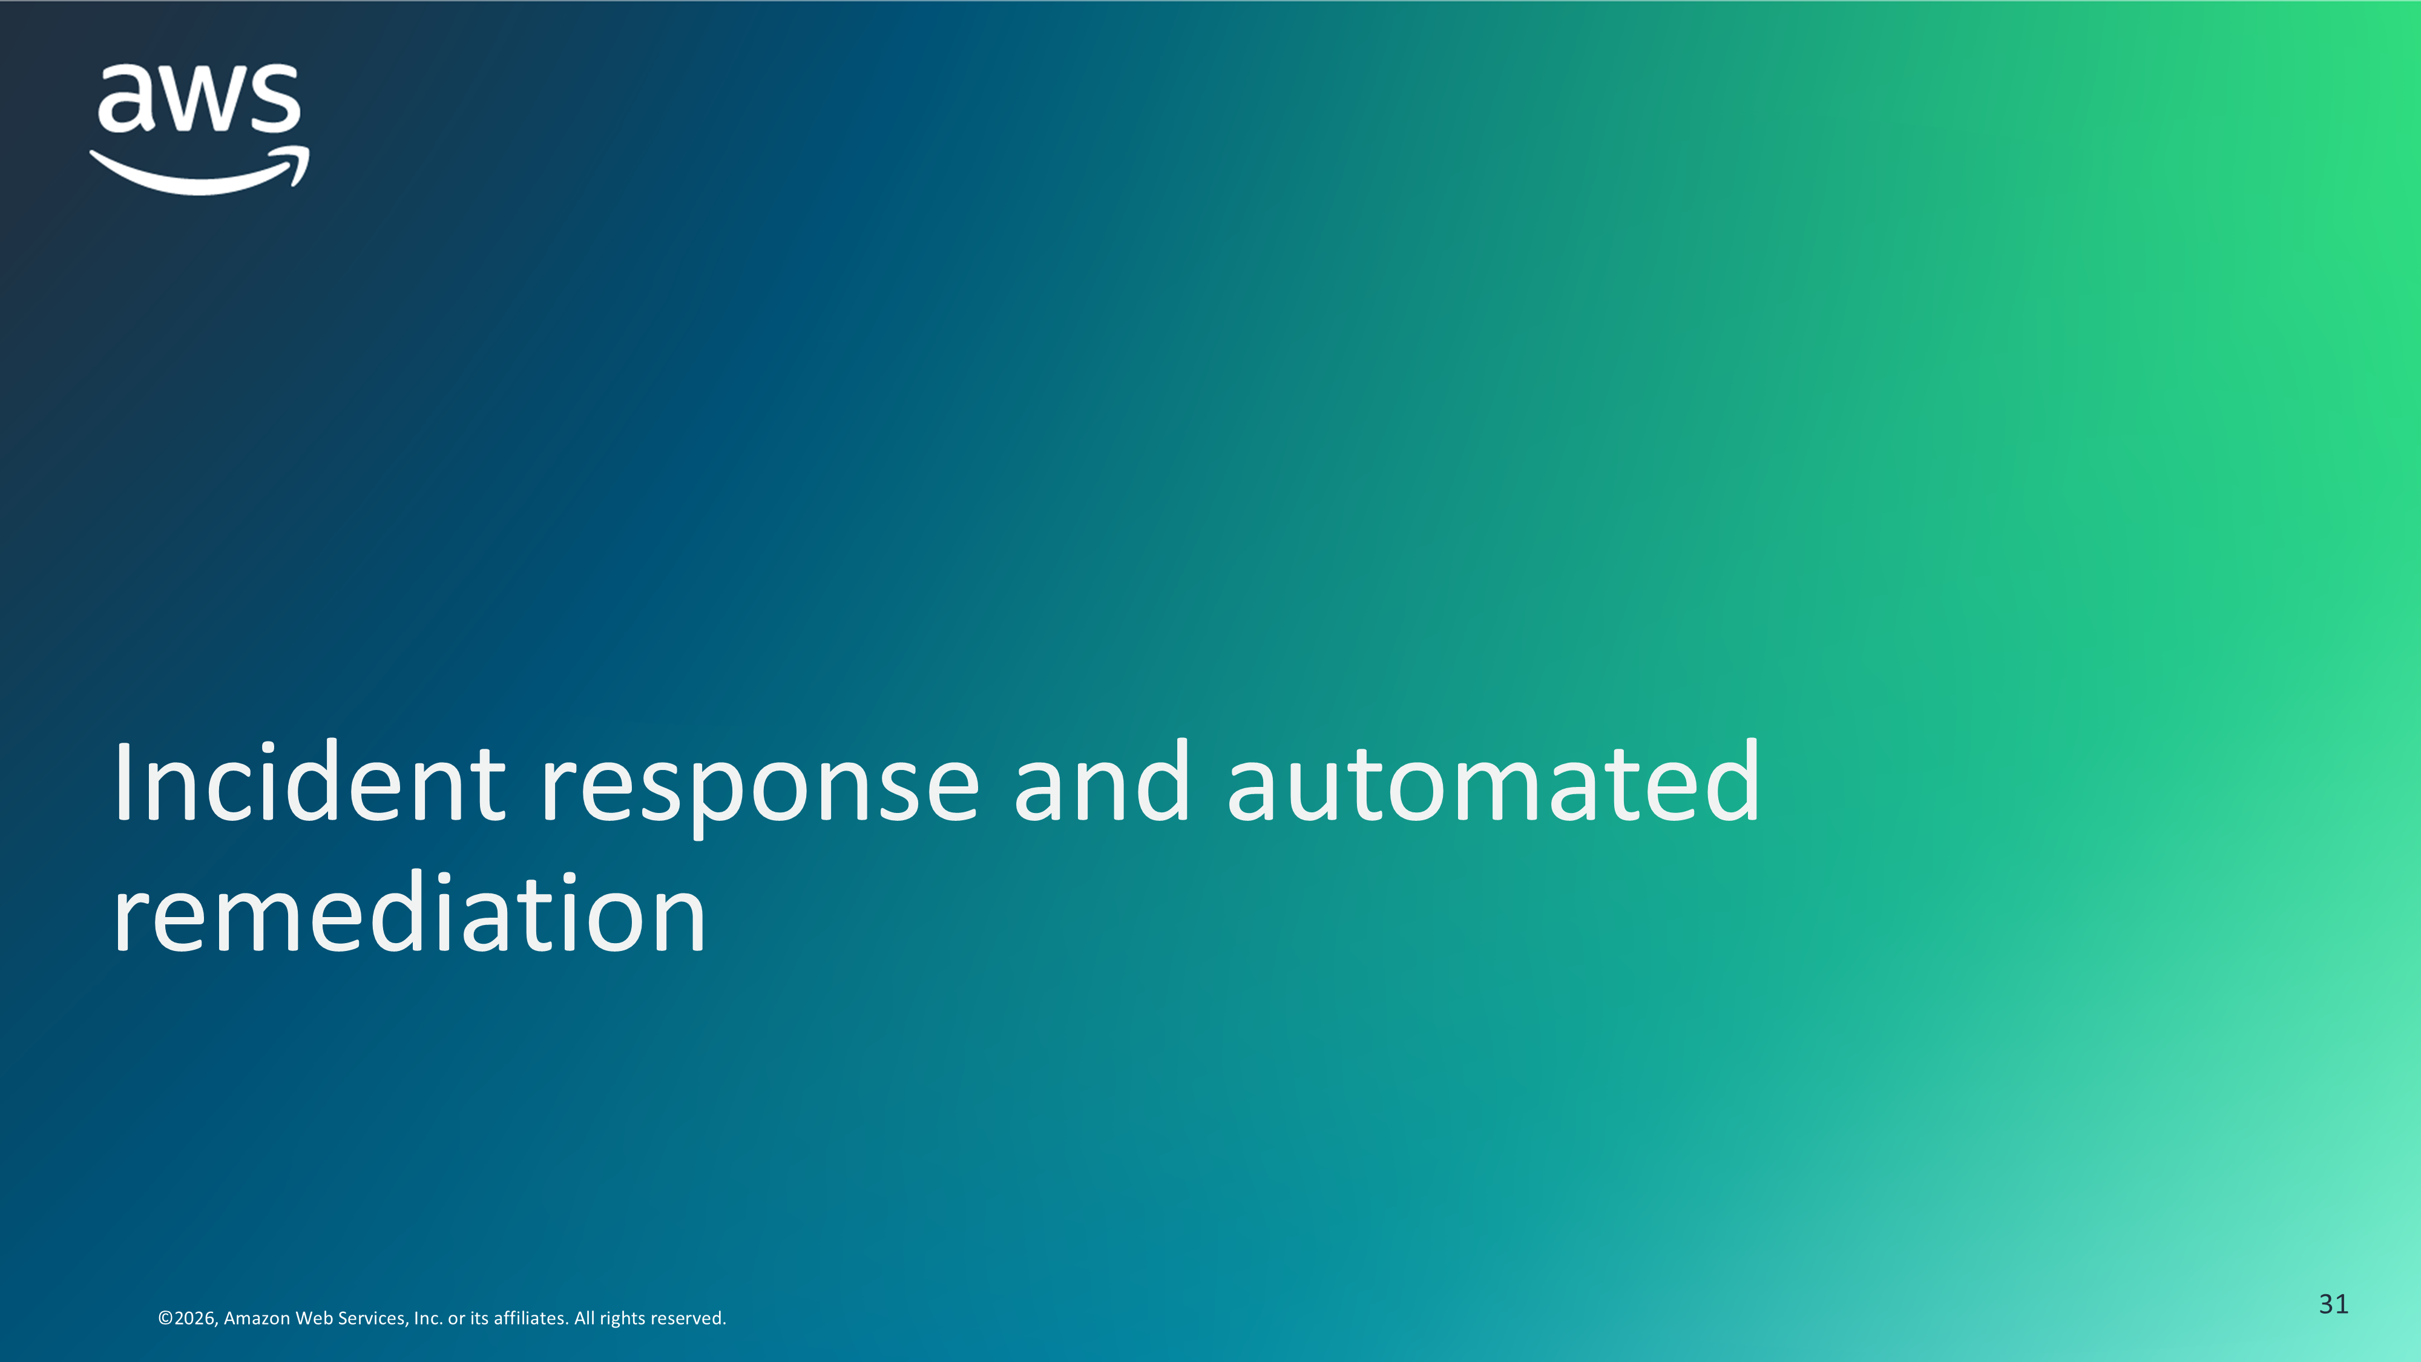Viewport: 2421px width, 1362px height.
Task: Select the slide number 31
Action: coord(2334,1304)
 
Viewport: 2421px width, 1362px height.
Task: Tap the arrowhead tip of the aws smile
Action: coord(306,150)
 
